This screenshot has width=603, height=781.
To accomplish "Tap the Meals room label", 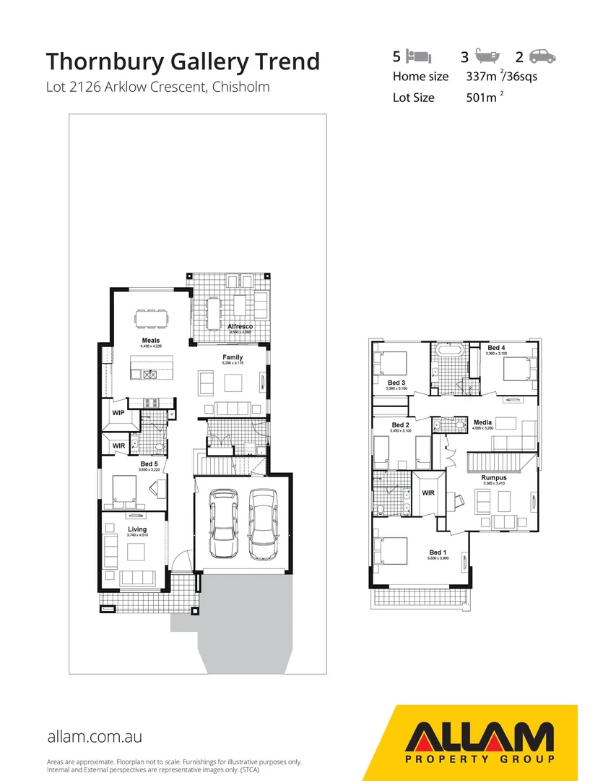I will tap(151, 341).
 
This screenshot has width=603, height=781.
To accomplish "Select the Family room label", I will tap(233, 357).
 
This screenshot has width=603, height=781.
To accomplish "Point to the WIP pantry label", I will tap(118, 413).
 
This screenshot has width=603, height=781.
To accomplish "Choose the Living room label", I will tap(137, 529).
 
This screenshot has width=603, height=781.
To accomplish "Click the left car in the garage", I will tap(223, 524).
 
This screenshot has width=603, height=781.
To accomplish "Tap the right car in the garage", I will tap(261, 524).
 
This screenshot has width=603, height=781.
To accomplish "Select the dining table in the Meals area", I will tap(152, 318).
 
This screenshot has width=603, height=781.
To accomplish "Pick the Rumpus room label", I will tap(494, 478).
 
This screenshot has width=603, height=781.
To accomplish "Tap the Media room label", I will tap(482, 422).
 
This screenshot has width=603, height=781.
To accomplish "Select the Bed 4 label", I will tap(497, 348).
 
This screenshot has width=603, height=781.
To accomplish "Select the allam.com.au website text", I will tap(94, 737).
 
